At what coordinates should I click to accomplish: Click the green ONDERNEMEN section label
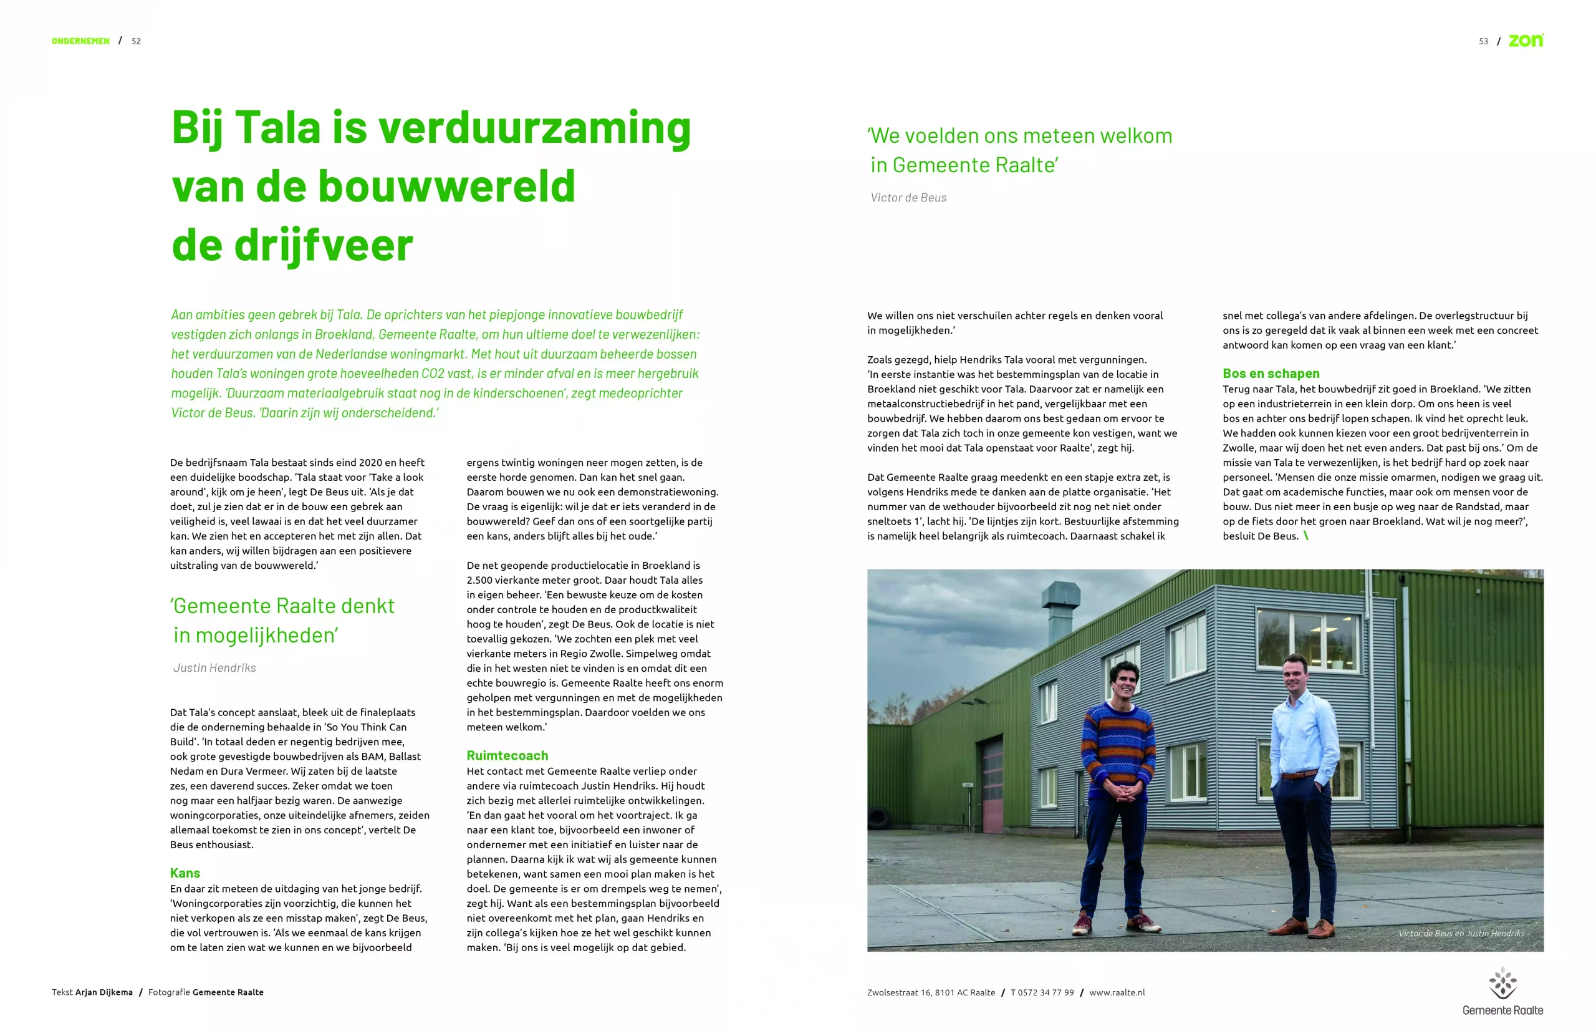(x=80, y=41)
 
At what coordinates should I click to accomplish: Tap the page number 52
(x=136, y=41)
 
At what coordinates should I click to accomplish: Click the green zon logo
(x=1526, y=40)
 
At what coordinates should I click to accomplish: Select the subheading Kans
(x=185, y=873)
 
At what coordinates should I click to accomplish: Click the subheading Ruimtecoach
(x=507, y=755)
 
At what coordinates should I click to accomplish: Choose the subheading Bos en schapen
(x=1271, y=374)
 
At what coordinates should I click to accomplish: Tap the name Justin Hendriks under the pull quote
(x=214, y=667)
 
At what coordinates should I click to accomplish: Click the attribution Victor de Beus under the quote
(x=908, y=198)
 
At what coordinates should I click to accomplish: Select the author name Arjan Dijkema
(x=103, y=992)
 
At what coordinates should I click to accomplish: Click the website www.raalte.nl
(x=1117, y=992)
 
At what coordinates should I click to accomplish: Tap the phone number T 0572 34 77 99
(x=1042, y=992)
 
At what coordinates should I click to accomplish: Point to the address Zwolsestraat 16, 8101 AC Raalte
(x=931, y=992)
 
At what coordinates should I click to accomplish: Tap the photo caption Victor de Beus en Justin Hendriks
(x=1461, y=933)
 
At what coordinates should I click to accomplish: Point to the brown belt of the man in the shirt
(x=1299, y=774)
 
